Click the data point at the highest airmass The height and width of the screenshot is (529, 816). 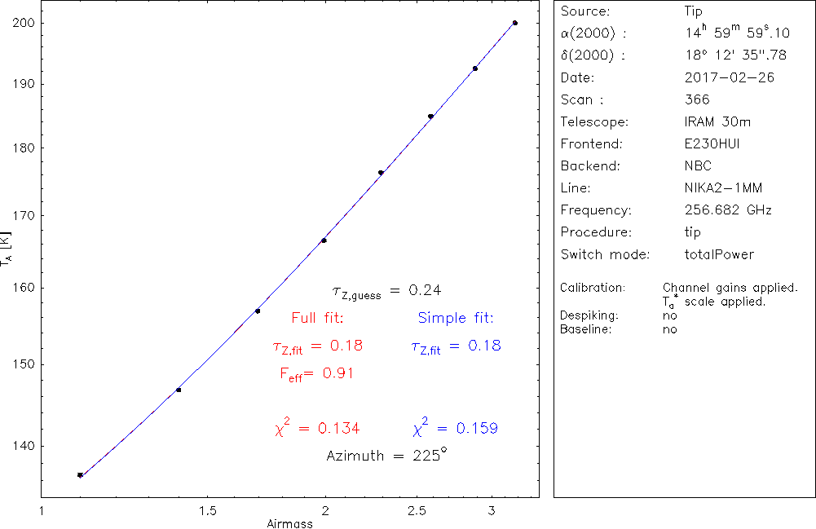514,23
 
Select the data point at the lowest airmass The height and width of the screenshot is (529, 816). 80,475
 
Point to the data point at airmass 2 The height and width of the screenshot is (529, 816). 324,240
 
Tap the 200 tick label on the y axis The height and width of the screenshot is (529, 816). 23,23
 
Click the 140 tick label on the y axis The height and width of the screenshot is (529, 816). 23,446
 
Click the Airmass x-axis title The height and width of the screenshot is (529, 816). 289,524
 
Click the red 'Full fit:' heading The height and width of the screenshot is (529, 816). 318,318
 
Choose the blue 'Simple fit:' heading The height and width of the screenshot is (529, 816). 456,318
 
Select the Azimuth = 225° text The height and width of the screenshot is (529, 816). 386,456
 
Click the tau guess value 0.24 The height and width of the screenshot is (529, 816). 425,290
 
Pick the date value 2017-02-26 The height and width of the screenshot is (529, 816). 730,78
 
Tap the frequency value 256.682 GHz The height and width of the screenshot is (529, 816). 728,210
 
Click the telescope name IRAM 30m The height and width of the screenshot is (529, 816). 718,122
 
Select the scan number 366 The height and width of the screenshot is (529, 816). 698,100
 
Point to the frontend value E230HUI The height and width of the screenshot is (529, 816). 713,144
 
